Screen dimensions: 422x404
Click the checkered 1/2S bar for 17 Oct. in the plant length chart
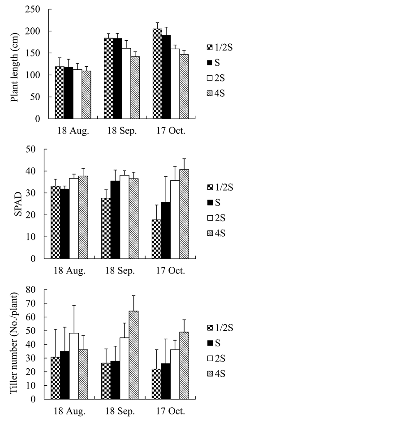point(157,74)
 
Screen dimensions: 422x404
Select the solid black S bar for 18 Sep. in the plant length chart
point(117,78)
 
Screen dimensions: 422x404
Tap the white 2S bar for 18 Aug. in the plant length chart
point(78,94)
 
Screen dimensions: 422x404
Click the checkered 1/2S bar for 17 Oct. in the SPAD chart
point(156,239)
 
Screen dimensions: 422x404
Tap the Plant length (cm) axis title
point(14,65)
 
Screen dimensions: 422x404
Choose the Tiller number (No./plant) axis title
point(14,344)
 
